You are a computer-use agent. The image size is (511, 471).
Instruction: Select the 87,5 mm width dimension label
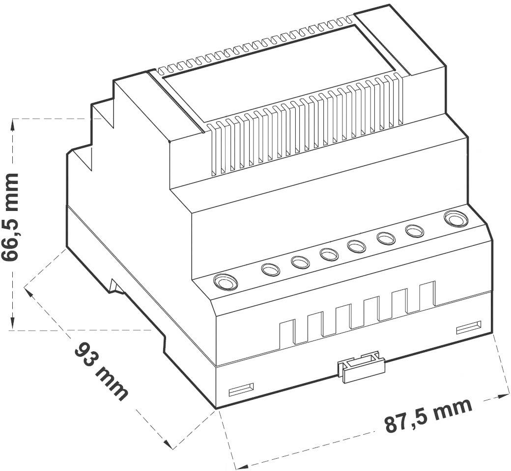[x=428, y=415]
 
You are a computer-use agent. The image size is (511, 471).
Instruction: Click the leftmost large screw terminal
[x=225, y=283]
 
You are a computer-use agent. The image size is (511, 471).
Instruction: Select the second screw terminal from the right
[x=414, y=231]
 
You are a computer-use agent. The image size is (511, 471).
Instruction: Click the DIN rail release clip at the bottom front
[x=361, y=366]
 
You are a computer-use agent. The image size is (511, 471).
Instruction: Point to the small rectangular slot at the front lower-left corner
[x=241, y=390]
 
